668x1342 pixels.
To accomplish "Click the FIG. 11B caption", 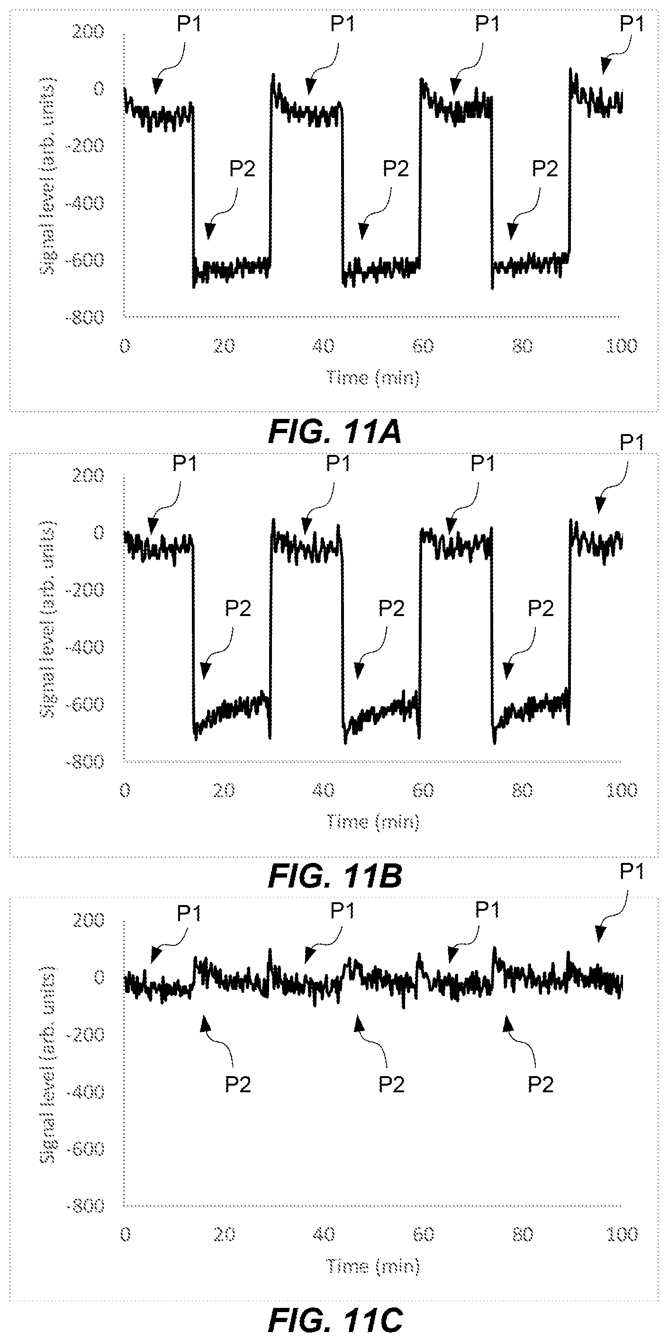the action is [335, 877].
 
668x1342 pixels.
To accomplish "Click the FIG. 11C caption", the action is [335, 1321].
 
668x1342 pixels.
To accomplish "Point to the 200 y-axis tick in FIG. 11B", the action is [88, 475].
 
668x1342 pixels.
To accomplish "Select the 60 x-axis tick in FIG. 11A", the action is [423, 346].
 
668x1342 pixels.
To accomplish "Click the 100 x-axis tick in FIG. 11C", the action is [622, 1234].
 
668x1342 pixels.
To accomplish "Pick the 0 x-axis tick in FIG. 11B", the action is [125, 790].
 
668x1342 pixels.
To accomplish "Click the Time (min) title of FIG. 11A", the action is [373, 378].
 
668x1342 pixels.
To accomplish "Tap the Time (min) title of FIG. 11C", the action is [373, 1266].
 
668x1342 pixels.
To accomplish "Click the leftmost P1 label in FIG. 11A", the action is [189, 24].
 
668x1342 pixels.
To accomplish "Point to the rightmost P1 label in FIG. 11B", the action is [632, 442].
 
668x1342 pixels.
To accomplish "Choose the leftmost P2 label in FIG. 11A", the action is [242, 169].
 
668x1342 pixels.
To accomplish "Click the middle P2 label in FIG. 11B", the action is [391, 608].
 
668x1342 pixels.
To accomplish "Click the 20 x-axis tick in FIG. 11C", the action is [224, 1234].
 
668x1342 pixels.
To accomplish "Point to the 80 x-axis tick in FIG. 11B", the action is [522, 790].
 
